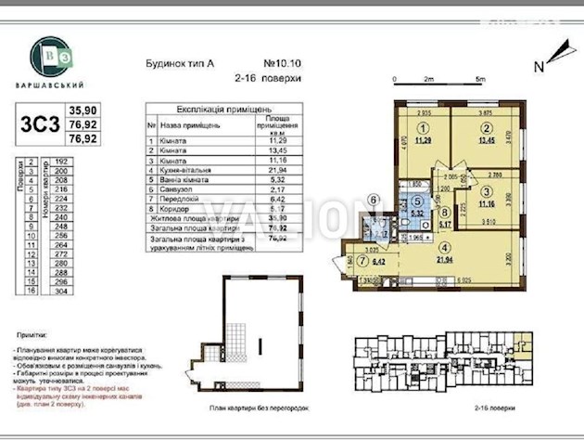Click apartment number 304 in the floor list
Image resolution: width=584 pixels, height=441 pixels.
click(64, 290)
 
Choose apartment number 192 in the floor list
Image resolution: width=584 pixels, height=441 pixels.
click(64, 160)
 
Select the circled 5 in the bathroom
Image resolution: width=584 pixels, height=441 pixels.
click(418, 200)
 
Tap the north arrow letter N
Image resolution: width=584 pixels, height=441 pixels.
click(539, 65)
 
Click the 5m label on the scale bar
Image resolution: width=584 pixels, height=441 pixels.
click(479, 79)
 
